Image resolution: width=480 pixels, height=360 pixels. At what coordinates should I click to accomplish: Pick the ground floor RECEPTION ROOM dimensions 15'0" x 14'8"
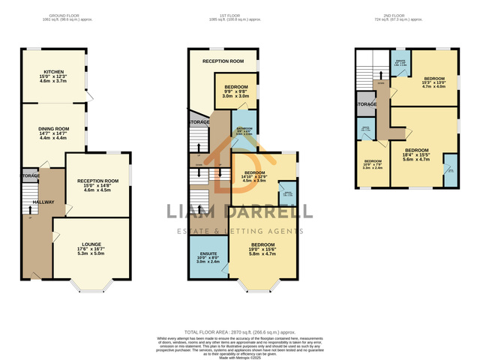click(97, 186)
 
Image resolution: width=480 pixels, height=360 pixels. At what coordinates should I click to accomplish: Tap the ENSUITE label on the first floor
click(206, 251)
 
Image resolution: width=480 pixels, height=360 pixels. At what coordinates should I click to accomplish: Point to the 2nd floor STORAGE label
click(366, 104)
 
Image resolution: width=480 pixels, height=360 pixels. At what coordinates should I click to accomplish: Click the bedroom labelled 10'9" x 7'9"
click(373, 165)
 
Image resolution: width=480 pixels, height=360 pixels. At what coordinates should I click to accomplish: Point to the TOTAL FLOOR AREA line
click(240, 331)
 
